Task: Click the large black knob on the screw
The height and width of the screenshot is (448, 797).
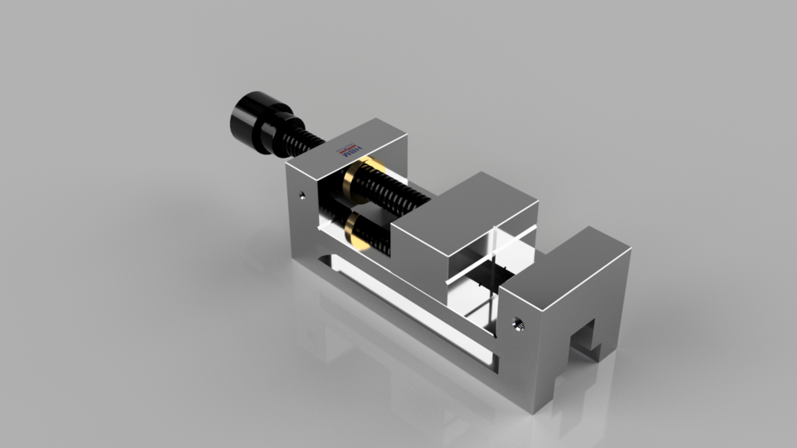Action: (x=252, y=119)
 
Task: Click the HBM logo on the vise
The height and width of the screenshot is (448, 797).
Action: (x=352, y=152)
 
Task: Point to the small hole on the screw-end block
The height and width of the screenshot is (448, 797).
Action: (x=301, y=196)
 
